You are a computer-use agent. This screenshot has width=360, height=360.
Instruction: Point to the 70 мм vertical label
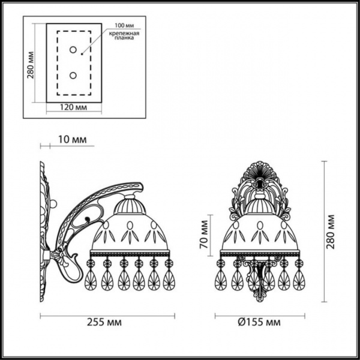pos(204,235)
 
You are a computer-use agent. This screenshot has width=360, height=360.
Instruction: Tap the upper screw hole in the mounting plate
pos(73,50)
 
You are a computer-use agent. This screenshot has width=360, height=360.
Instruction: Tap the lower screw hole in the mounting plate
pos(73,75)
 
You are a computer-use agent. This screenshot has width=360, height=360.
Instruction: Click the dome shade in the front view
pos(260,231)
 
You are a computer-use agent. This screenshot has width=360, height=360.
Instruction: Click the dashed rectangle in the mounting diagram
pos(57,63)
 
